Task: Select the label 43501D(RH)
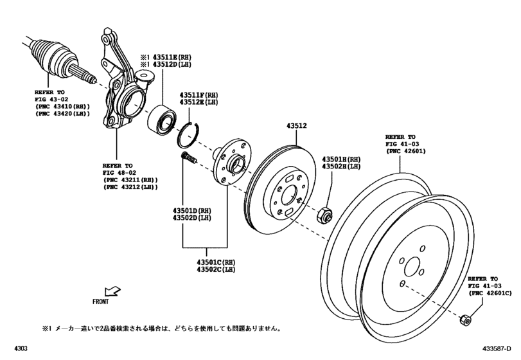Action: pos(185,211)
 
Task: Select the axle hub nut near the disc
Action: pos(325,215)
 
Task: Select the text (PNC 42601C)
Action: pos(489,293)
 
